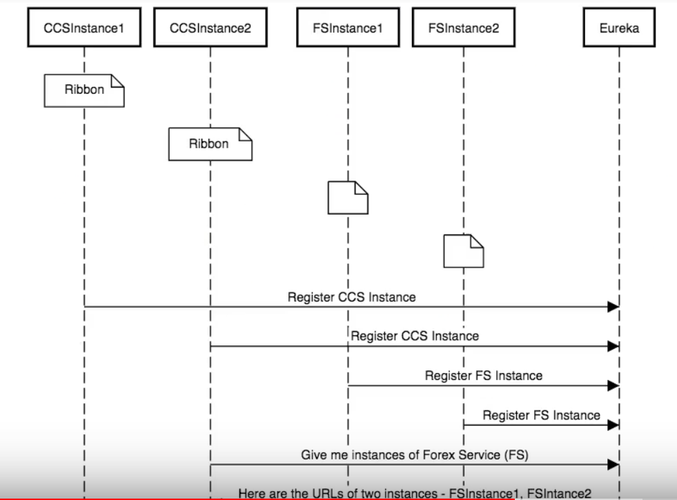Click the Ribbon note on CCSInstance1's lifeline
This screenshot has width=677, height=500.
(84, 90)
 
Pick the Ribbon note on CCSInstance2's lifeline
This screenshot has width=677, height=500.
(210, 144)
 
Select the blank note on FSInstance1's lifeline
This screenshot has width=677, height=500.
(348, 197)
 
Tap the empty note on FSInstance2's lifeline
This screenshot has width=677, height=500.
(463, 250)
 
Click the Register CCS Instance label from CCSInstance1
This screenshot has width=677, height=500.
(351, 297)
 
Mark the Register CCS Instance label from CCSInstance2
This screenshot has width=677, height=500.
(415, 337)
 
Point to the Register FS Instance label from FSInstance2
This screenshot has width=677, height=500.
(541, 415)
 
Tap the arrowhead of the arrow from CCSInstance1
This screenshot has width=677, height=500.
(613, 307)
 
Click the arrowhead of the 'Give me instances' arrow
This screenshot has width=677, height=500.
(613, 466)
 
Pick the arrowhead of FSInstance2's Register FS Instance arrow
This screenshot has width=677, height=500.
(613, 426)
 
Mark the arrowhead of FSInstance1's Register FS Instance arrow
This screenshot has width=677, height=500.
(613, 386)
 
